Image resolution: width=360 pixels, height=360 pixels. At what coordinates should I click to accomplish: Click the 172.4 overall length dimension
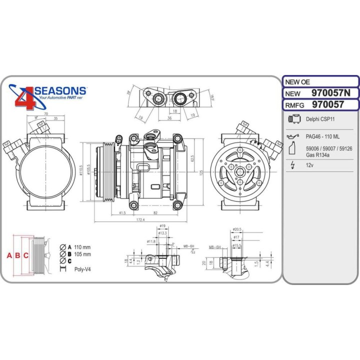pyautogui.click(x=140, y=220)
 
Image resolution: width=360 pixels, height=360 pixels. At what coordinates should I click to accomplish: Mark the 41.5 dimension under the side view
pyautogui.click(x=122, y=212)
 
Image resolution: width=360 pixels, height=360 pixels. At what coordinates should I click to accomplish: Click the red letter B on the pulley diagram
pyautogui.click(x=18, y=255)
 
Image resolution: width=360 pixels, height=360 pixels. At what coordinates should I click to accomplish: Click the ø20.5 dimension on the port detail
pyautogui.click(x=237, y=229)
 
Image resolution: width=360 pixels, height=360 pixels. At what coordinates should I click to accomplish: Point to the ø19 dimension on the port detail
pyautogui.click(x=162, y=226)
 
